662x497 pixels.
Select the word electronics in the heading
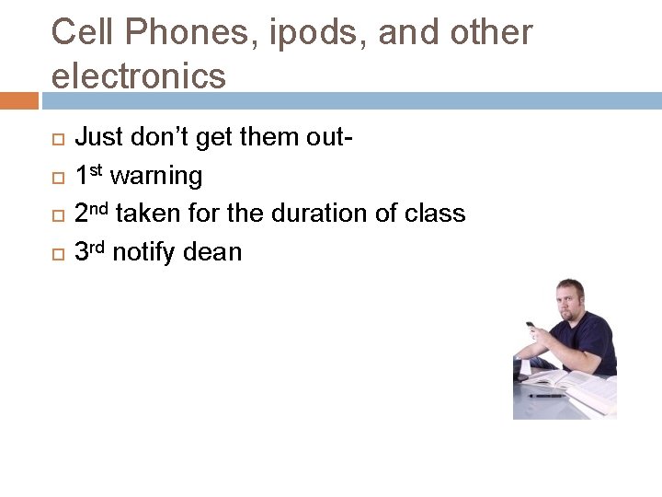coord(138,75)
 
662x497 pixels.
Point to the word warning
coord(156,176)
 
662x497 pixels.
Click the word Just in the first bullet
coord(97,138)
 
